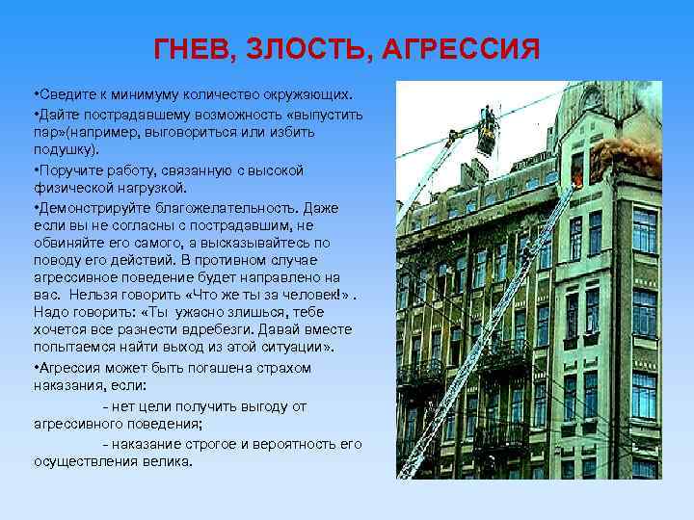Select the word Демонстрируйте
pos(92,205)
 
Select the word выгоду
pos(244,406)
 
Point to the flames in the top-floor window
pos(578,176)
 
